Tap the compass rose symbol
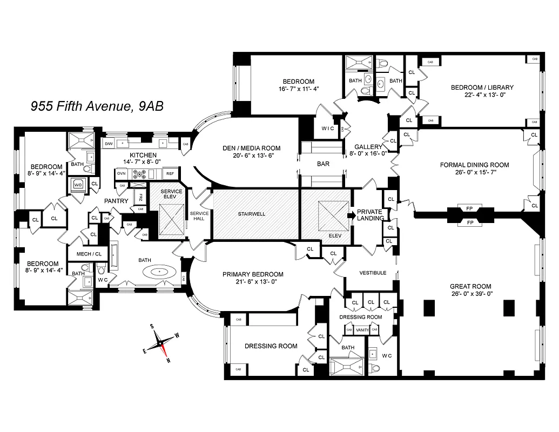[160, 342]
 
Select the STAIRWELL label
[252, 214]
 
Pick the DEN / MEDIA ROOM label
[252, 148]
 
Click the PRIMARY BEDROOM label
[253, 274]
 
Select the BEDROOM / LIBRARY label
[482, 87]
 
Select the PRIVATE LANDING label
[369, 214]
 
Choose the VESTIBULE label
[373, 273]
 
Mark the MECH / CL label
[89, 253]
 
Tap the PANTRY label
[116, 201]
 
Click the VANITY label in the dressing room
[362, 330]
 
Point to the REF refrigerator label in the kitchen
[170, 174]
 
